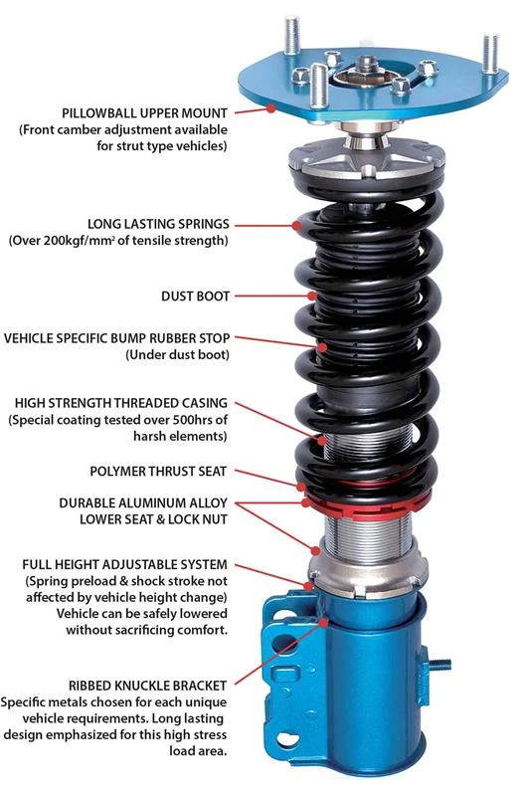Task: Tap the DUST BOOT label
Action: click(195, 296)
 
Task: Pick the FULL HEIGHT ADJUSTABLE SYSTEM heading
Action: click(128, 564)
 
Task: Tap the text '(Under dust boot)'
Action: click(176, 354)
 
